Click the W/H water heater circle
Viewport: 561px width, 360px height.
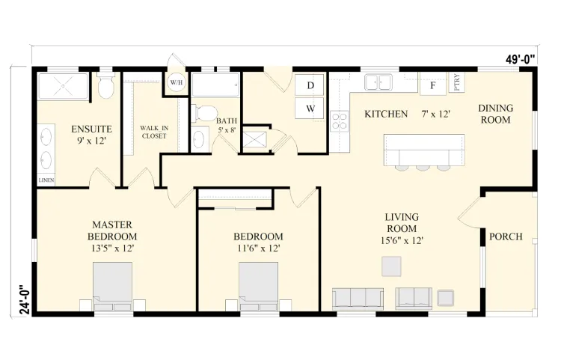pos(176,82)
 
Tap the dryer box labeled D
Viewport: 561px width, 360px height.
pos(310,85)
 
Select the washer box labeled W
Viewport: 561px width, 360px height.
pos(310,108)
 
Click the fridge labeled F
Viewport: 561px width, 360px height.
pos(432,85)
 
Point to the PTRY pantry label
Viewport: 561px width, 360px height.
pos(456,82)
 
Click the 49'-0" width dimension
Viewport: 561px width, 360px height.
pos(521,59)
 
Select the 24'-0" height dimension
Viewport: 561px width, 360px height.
pos(25,299)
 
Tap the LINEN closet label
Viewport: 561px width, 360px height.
pos(46,180)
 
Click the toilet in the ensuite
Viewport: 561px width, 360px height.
pos(105,85)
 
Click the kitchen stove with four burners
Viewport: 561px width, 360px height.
pos(339,121)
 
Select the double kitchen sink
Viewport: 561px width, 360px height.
pos(378,82)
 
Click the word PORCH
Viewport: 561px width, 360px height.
pos(506,237)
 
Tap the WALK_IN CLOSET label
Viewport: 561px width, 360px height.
pos(154,132)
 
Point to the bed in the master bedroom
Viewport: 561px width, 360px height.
pos(112,287)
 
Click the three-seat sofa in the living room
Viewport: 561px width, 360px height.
pos(358,299)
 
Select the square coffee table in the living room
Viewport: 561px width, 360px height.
pos(391,266)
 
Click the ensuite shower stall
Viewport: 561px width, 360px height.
pos(63,86)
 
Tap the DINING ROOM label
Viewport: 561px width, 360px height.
pos(495,114)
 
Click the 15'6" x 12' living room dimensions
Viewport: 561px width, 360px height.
pos(402,240)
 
